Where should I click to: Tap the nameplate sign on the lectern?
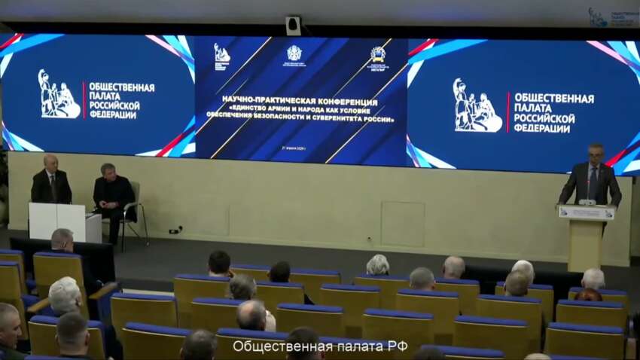(586, 213)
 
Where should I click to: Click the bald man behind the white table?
(51, 181)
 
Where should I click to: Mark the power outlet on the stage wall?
(175, 230)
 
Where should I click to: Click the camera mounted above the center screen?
(293, 26)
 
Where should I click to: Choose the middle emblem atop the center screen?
(294, 54)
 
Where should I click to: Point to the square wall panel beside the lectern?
(402, 224)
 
